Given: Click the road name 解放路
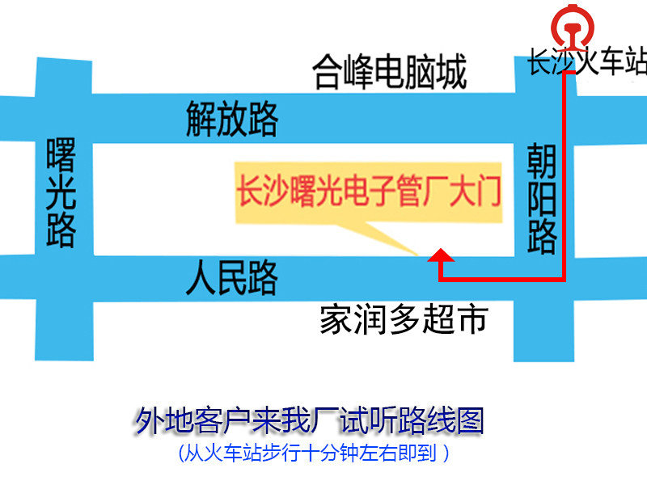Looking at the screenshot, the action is click(x=232, y=119).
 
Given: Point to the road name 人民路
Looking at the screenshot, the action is click(x=231, y=277).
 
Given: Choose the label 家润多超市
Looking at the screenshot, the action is click(x=404, y=319).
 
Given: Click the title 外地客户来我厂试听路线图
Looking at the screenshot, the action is click(x=310, y=422).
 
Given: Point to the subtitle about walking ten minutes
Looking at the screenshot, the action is click(x=313, y=453).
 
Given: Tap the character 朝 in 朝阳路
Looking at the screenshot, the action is click(x=542, y=162).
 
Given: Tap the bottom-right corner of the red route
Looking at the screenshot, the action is click(x=562, y=280).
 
